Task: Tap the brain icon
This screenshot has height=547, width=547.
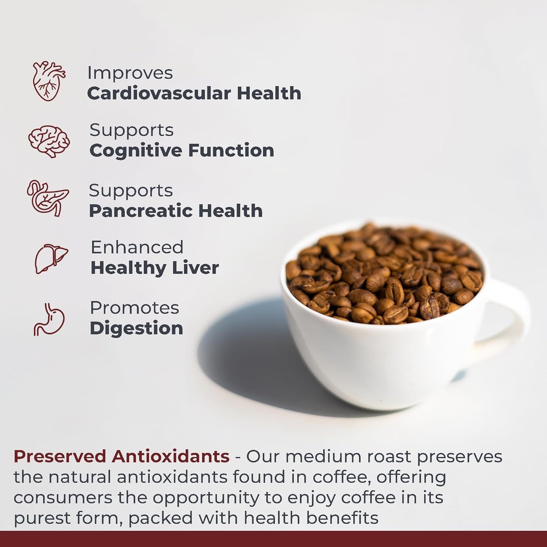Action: pyautogui.click(x=49, y=141)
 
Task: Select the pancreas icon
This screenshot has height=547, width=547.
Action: pyautogui.click(x=48, y=198)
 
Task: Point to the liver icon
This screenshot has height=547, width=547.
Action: pyautogui.click(x=51, y=259)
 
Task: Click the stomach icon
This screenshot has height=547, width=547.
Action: pyautogui.click(x=49, y=319)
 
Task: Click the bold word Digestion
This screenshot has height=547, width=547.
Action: pyautogui.click(x=136, y=328)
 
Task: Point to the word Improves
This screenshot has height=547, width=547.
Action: pyautogui.click(x=130, y=73)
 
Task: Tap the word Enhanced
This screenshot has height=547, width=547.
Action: pyautogui.click(x=137, y=248)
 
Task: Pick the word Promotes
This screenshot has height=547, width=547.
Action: pyautogui.click(x=134, y=308)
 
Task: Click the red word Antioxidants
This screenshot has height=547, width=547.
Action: pyautogui.click(x=170, y=457)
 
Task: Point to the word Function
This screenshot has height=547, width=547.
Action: pyautogui.click(x=231, y=151)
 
